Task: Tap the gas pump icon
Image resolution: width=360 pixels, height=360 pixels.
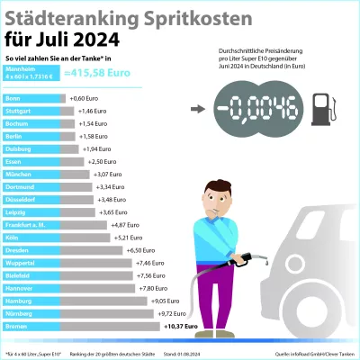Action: [x=322, y=111]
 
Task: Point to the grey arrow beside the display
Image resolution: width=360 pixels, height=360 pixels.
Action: [x=197, y=111]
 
